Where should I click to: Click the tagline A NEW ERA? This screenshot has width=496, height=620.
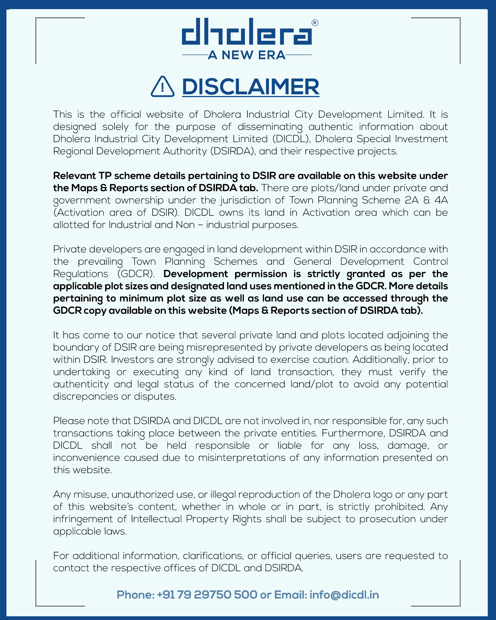click(x=246, y=55)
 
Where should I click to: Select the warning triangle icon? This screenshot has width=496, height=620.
click(x=162, y=87)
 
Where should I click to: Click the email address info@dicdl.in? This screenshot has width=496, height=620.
click(x=344, y=595)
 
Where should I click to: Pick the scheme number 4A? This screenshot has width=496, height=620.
click(x=441, y=200)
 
